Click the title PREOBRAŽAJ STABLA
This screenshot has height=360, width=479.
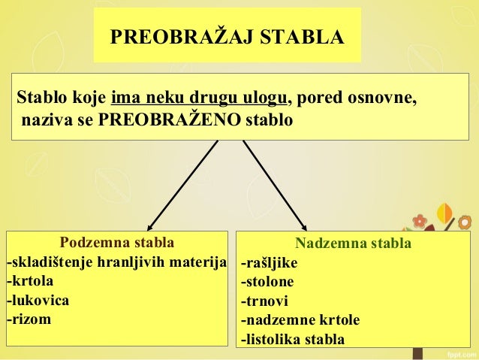click(227, 37)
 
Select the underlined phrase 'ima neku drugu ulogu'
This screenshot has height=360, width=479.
click(198, 99)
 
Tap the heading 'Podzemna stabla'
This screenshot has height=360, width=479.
click(116, 243)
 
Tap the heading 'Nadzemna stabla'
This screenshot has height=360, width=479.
click(353, 244)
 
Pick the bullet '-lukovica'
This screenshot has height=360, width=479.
click(38, 301)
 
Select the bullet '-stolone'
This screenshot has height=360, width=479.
click(267, 282)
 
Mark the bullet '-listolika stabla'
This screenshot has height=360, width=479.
click(293, 340)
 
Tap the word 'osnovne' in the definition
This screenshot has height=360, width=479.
click(387, 99)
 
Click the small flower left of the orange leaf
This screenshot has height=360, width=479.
click(420, 221)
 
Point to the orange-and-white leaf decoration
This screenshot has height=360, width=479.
click(445, 214)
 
